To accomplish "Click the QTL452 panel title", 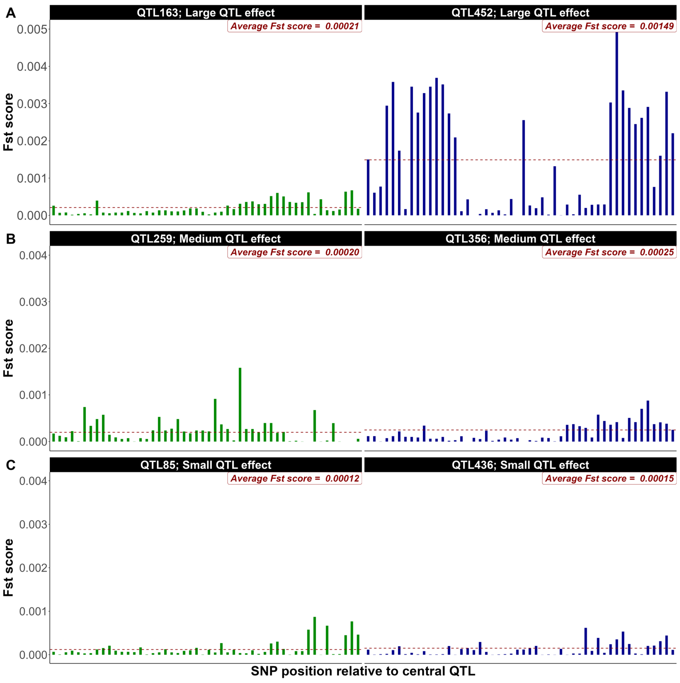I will pyautogui.click(x=520, y=13).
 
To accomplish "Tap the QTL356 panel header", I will pyautogui.click(x=520, y=239).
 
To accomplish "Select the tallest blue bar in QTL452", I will pyautogui.click(x=617, y=124).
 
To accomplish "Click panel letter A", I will pyautogui.click(x=11, y=13).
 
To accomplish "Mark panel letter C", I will pyautogui.click(x=11, y=465).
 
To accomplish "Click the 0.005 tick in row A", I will pyautogui.click(x=32, y=29).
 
